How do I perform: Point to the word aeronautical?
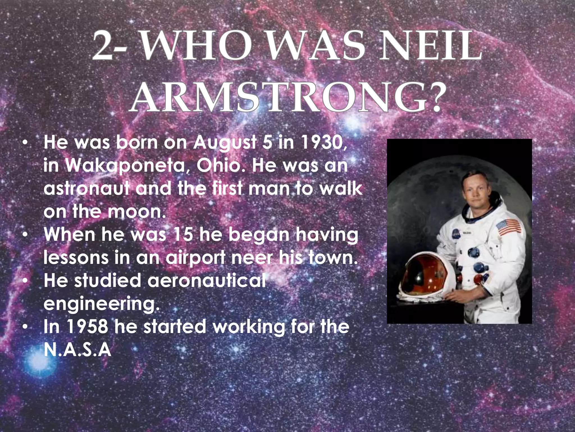coord(206,280)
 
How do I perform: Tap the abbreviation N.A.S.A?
coord(77,350)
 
